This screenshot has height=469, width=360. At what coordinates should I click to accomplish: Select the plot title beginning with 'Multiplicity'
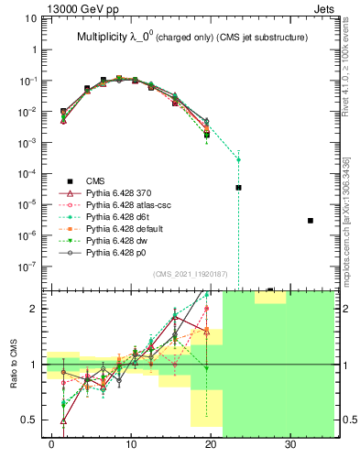191,37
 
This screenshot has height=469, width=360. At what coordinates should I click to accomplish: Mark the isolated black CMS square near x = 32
311,221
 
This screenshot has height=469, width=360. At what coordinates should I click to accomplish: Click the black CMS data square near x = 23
238,187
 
